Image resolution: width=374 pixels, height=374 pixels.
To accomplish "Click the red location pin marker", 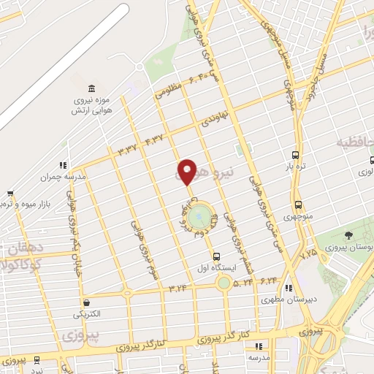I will pyautogui.click(x=186, y=172).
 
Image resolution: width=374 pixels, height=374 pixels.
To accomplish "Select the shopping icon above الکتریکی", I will pyautogui.click(x=86, y=302).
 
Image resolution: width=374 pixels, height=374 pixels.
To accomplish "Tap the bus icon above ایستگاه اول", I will pyautogui.click(x=216, y=256).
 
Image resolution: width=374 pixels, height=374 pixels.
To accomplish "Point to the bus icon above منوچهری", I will pyautogui.click(x=298, y=205).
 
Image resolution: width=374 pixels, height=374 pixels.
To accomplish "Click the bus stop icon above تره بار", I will pyautogui.click(x=296, y=155).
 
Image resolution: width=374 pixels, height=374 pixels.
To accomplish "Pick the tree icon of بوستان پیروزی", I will pyautogui.click(x=348, y=236).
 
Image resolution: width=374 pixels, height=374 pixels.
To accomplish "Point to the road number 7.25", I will pyautogui.click(x=310, y=253).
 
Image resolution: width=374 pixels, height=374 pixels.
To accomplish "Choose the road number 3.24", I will pyautogui.click(x=178, y=289).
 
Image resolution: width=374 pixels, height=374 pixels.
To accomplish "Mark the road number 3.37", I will pyautogui.click(x=129, y=149).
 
